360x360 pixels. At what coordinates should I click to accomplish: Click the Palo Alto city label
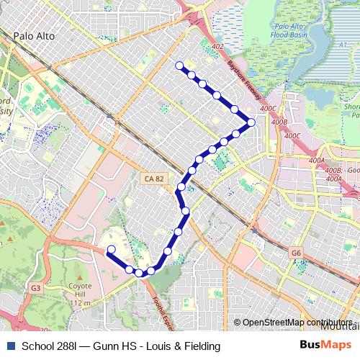pos(35,35)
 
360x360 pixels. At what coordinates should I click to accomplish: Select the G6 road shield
pos(296,253)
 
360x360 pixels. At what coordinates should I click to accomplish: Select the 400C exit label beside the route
pos(268,109)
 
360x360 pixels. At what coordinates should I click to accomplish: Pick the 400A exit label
pos(317,160)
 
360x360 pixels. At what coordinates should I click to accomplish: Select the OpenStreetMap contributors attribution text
pos(297,323)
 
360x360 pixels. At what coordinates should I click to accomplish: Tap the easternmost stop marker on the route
pos(251,122)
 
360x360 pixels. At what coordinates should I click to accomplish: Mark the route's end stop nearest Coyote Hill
pos(110,251)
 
